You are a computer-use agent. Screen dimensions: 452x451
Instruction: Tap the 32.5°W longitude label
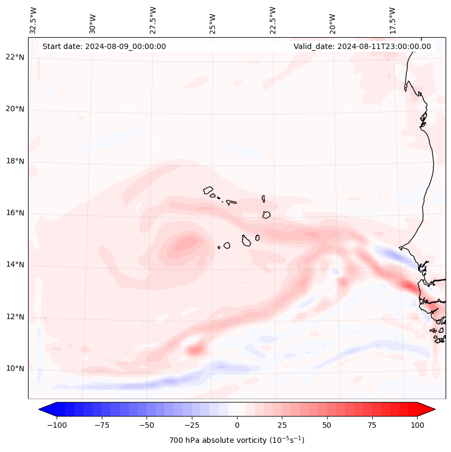coord(33,20)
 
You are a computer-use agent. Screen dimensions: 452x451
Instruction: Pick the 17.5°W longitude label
coord(392,20)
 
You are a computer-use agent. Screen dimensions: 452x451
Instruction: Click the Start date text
coord(104,46)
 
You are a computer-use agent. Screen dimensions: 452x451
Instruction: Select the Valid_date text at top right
coord(362,46)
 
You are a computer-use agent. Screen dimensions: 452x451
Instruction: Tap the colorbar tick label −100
coord(57,425)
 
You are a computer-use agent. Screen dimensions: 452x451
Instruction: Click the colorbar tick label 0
coord(237,425)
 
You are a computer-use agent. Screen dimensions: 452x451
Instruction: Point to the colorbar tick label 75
coord(372,425)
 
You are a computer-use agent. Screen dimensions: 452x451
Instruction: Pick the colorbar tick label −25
coord(192,425)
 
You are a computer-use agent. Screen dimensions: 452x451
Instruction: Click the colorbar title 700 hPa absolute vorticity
coord(237,440)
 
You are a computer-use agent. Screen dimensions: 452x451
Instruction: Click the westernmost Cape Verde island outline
coord(208,190)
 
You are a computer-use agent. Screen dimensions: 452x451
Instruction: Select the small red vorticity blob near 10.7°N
coord(195,350)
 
